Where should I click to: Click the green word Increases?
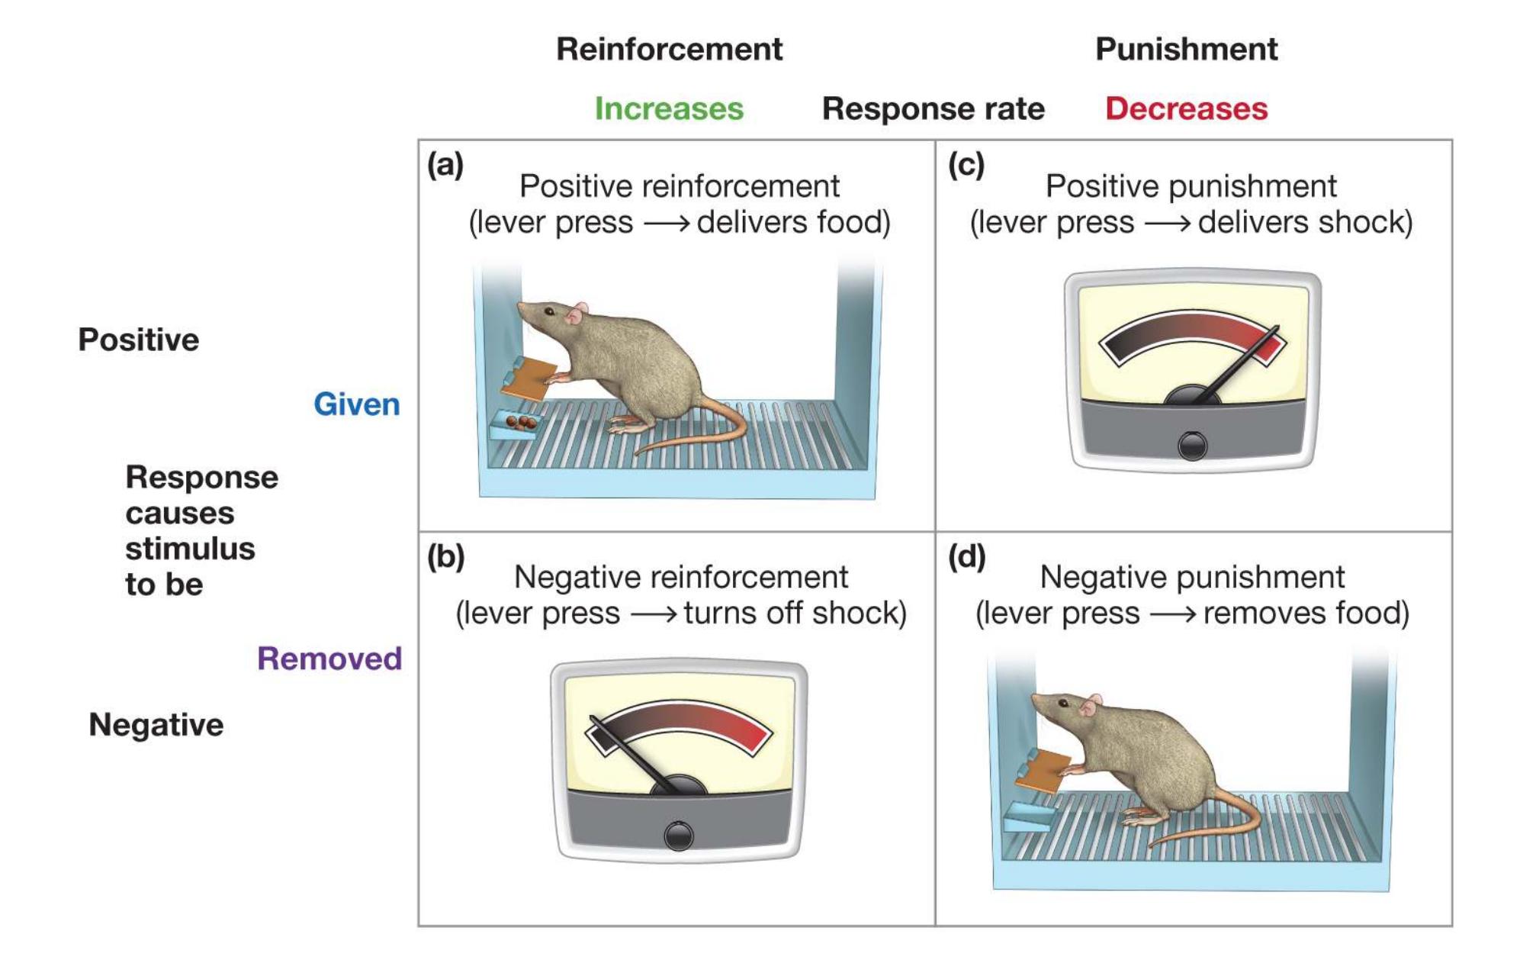(x=668, y=108)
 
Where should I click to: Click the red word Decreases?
(x=1186, y=108)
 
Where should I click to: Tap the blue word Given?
(x=356, y=404)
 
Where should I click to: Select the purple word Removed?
(x=329, y=658)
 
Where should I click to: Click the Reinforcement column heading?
(x=669, y=49)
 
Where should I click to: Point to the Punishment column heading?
(x=1186, y=49)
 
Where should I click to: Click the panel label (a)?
(x=445, y=164)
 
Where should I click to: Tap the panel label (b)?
(x=445, y=556)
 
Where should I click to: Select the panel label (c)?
(x=966, y=164)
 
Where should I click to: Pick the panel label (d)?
(x=966, y=556)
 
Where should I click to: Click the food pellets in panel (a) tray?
(x=521, y=422)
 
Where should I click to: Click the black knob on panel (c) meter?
(x=1192, y=446)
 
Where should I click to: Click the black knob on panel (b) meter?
(x=678, y=836)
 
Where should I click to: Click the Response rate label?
(x=933, y=108)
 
